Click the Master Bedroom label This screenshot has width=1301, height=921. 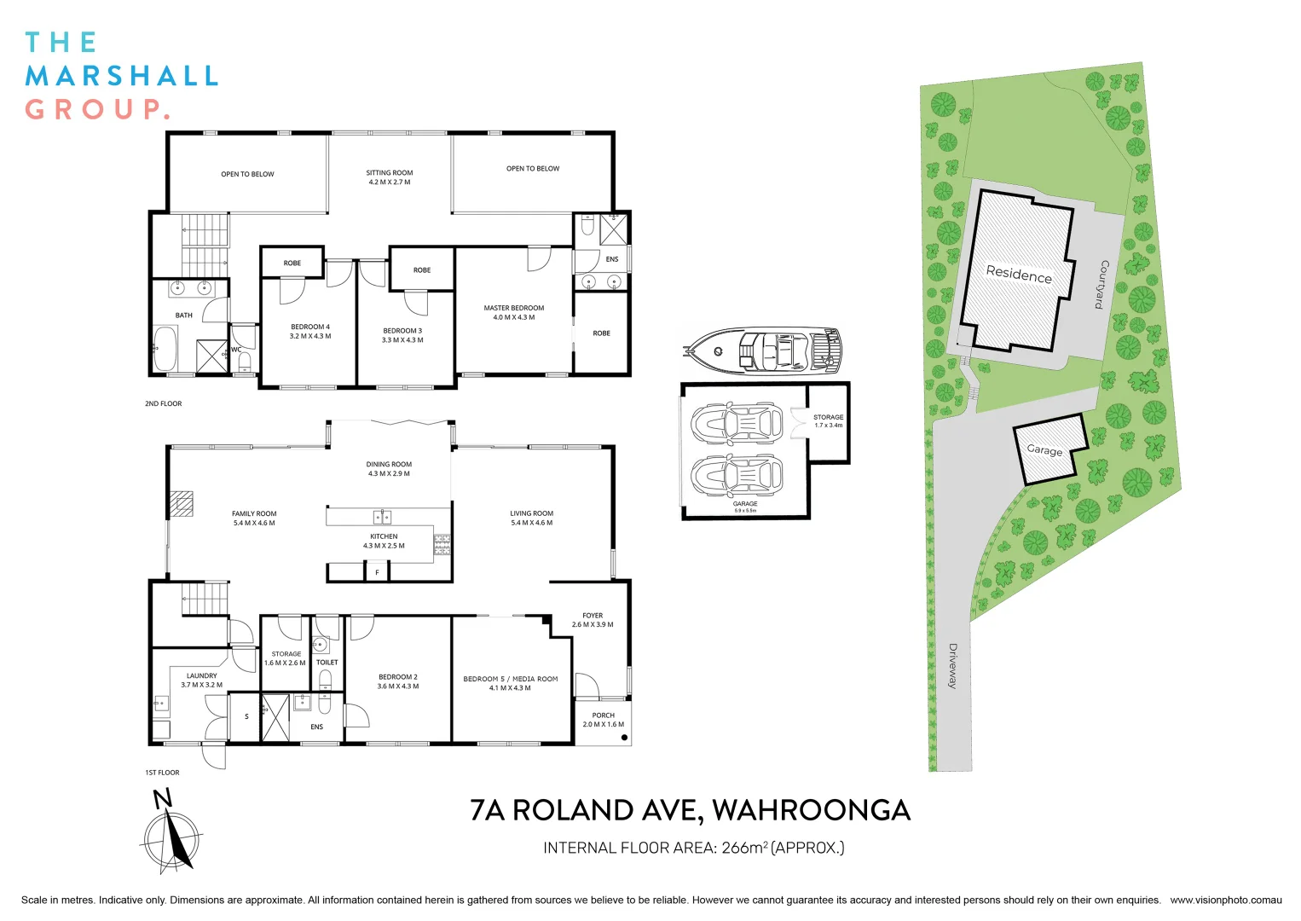(x=513, y=312)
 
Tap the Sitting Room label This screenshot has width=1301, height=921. (x=390, y=177)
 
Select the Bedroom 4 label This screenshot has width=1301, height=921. (x=310, y=331)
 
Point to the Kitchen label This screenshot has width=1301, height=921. (x=384, y=541)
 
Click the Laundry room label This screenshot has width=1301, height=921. (x=202, y=680)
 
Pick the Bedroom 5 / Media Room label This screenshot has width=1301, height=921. (x=511, y=683)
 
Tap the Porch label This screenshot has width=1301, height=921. (x=604, y=720)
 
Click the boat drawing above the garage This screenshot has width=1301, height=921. (x=765, y=350)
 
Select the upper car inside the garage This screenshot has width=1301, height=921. (x=737, y=424)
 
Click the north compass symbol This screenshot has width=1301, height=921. (x=171, y=837)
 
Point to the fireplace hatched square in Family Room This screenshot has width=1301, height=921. (x=181, y=504)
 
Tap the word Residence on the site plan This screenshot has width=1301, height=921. (x=1019, y=274)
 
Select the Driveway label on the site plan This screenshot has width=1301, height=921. (x=953, y=665)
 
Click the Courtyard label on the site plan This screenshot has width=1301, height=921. (x=1102, y=284)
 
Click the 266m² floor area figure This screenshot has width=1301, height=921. (x=743, y=848)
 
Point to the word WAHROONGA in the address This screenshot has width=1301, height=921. (x=811, y=810)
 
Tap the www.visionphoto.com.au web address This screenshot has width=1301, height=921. (x=1225, y=900)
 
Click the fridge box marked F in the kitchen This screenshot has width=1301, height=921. (x=377, y=572)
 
